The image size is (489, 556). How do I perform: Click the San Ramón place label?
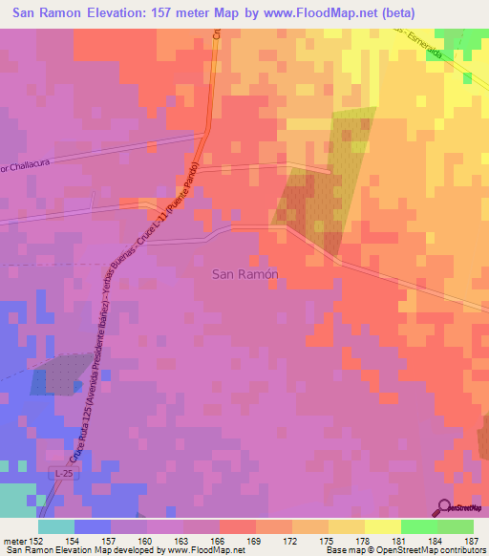coord(244,273)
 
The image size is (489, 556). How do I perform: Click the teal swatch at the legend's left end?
coord(56,526)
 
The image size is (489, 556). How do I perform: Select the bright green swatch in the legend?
coord(419,526)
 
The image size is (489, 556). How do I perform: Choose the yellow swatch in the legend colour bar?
coord(383,526)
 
